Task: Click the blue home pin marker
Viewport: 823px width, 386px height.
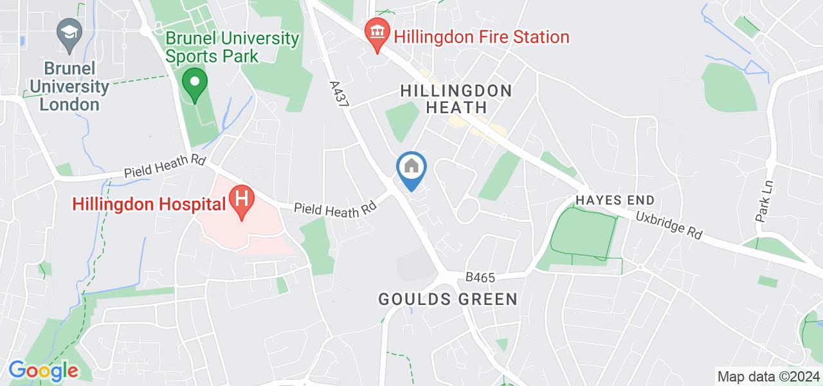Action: coord(411,169)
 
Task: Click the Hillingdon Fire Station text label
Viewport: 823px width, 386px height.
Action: coord(482,37)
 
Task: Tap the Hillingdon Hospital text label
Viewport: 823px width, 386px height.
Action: coord(149,204)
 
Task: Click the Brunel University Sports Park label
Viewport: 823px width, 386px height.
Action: coord(233,47)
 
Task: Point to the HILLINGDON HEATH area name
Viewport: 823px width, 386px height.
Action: coord(456,99)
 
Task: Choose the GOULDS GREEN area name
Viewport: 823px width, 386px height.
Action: coord(448,299)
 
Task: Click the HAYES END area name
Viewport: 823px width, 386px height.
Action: coord(615,200)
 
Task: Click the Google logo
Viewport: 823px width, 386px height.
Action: coord(43,371)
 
